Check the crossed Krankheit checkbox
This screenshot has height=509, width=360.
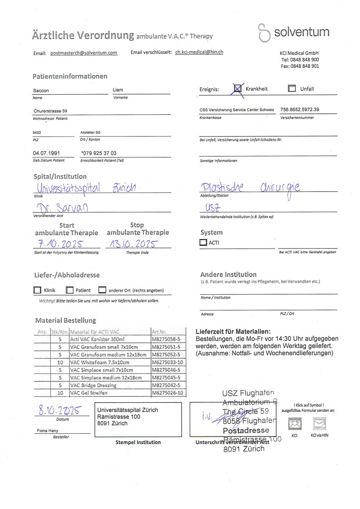238,89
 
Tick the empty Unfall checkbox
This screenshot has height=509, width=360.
292,89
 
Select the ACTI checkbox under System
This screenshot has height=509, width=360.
203,243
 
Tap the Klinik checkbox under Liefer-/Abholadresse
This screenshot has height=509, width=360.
37,290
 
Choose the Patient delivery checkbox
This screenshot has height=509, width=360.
69,290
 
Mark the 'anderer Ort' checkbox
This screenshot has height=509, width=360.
102,290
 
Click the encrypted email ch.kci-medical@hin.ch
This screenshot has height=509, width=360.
199,52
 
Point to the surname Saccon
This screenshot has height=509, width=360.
41,91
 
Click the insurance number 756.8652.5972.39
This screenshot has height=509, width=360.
300,110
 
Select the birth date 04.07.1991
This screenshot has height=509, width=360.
46,153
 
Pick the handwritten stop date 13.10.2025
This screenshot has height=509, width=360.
131,244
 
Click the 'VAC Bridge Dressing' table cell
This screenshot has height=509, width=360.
93,385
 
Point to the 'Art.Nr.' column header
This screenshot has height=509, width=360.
159,332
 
